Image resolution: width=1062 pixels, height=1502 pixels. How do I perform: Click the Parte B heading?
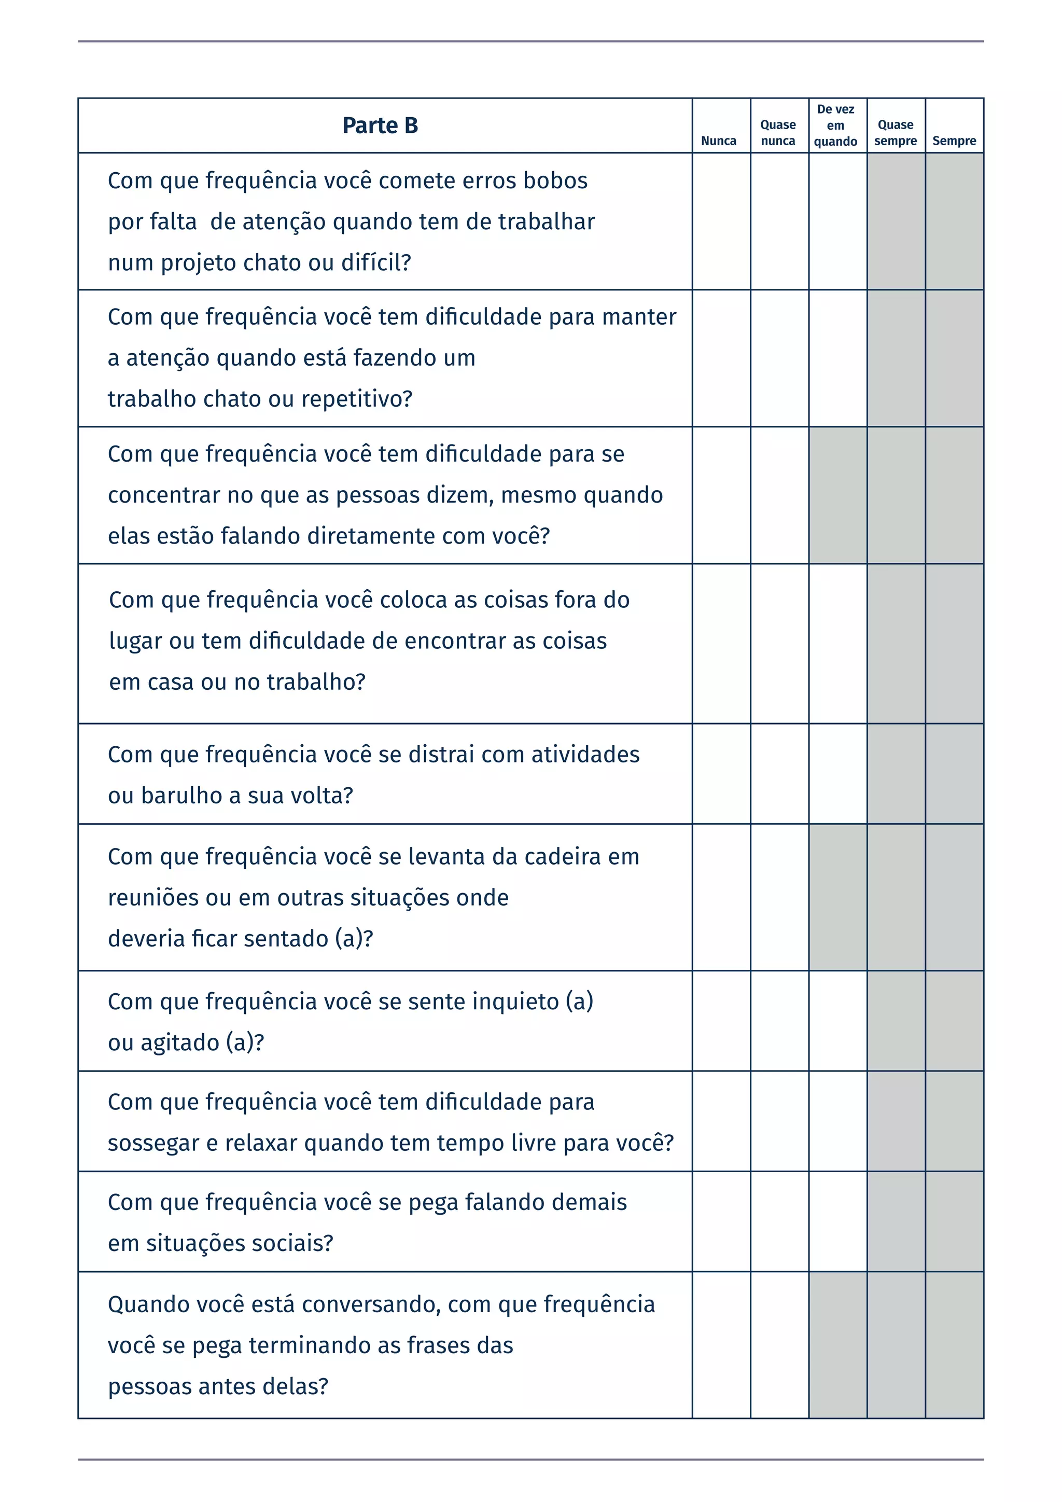tap(380, 126)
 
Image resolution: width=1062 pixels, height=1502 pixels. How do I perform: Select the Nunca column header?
tap(719, 141)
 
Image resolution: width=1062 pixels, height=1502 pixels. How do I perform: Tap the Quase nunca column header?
tap(778, 133)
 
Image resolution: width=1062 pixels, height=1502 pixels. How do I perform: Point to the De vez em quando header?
tap(836, 126)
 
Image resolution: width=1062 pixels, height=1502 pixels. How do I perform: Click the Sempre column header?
tap(954, 141)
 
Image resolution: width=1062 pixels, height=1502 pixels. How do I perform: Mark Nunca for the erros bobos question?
tap(721, 221)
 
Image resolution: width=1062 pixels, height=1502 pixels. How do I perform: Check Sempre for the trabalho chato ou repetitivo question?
tap(955, 358)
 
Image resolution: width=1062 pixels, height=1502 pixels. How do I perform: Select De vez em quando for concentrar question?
tap(837, 495)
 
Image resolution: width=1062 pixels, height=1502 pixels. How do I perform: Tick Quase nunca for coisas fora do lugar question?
tap(779, 643)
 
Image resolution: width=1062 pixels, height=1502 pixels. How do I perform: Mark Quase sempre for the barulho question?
tap(896, 773)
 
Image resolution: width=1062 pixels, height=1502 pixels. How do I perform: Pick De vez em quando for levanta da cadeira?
tap(837, 897)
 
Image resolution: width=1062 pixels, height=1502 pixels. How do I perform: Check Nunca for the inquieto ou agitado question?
tap(721, 1021)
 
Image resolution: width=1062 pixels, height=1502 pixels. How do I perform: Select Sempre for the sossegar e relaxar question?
tap(955, 1121)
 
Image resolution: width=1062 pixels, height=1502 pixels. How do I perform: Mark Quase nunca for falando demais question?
tap(779, 1221)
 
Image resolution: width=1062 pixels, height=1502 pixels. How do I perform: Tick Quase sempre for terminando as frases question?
tap(896, 1345)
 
